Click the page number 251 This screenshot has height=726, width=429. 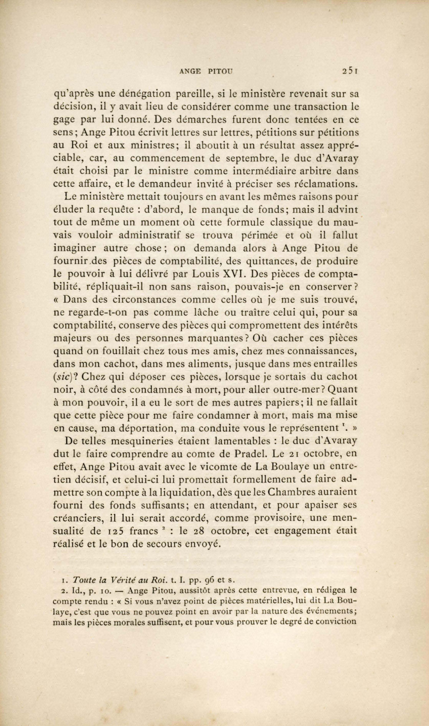coord(350,79)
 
